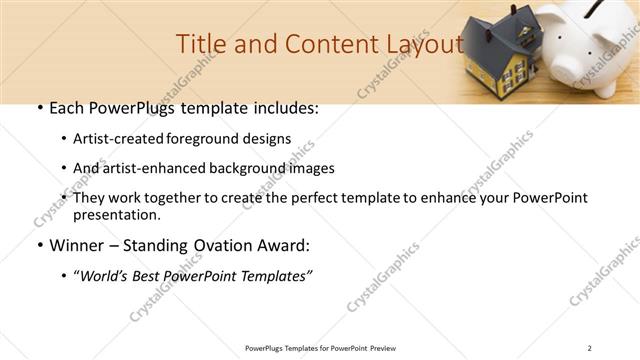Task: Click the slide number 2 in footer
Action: click(x=590, y=347)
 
